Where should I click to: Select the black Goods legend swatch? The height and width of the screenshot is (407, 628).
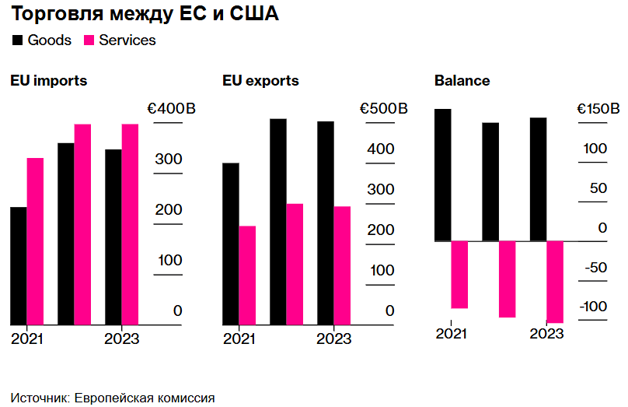(x=17, y=40)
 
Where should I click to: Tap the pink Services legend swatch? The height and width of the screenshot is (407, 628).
(x=89, y=40)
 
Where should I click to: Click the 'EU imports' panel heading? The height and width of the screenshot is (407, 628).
(x=48, y=81)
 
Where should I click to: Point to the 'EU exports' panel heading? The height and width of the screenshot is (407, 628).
(x=260, y=81)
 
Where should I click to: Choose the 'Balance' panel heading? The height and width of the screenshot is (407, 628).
(x=462, y=81)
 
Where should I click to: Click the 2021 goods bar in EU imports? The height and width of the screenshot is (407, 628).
(x=18, y=265)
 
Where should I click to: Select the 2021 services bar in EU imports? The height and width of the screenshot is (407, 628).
(x=35, y=240)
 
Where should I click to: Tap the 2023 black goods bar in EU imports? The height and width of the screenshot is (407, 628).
(x=113, y=237)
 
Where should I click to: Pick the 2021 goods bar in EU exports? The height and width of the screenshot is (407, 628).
(x=231, y=243)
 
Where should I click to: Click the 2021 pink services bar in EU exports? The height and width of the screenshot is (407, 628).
(x=247, y=275)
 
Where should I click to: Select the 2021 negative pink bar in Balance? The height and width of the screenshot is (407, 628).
(x=459, y=275)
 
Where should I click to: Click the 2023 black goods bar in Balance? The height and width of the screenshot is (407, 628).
(x=538, y=179)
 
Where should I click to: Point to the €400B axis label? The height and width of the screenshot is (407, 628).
(x=168, y=109)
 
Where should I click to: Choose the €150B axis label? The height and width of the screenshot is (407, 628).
(x=598, y=109)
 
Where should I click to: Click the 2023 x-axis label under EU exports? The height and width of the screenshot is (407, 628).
(x=334, y=339)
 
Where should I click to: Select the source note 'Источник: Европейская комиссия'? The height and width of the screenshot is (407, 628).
(x=113, y=397)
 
